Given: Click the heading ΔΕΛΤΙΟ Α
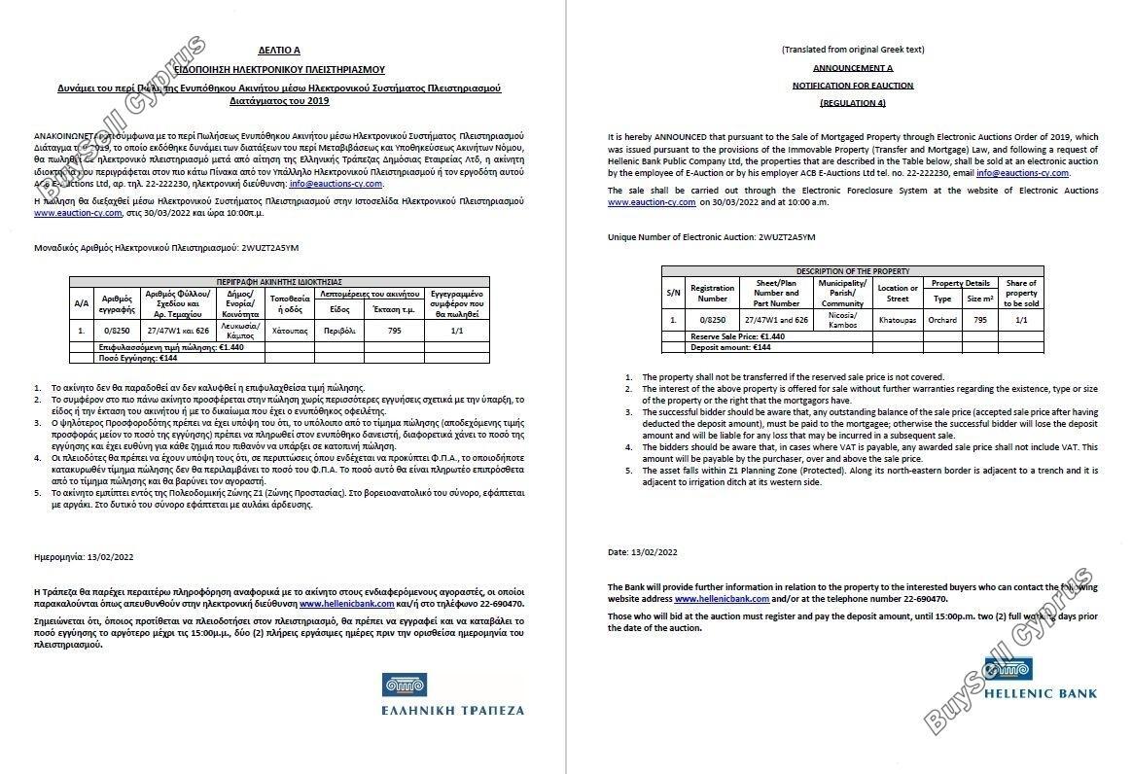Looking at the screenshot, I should [279, 49].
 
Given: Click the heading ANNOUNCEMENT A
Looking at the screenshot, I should [852, 68].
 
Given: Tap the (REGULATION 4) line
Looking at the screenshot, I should [852, 102].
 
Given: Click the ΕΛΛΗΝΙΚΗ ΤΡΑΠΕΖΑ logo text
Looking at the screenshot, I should [452, 710].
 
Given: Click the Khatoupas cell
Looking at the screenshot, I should [897, 320].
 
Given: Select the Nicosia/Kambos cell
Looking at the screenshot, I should [842, 320].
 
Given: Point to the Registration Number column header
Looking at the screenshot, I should [712, 293].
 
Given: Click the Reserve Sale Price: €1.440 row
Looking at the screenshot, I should [724, 336].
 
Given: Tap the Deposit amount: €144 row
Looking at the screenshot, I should [717, 346].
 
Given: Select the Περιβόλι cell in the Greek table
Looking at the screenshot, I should [339, 331].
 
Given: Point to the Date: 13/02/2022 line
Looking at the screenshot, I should [642, 552].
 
